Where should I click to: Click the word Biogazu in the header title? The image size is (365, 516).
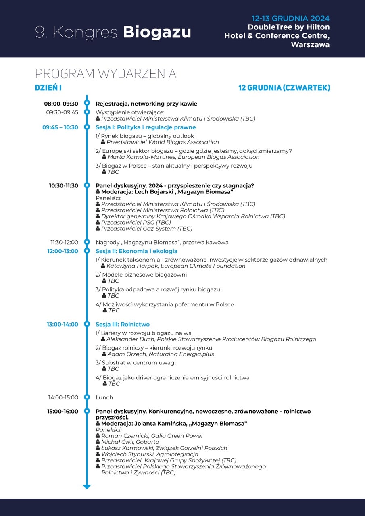tap(157, 32)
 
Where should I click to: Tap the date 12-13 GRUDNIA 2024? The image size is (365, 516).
tap(290, 19)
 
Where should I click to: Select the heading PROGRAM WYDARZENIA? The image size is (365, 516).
tap(106, 74)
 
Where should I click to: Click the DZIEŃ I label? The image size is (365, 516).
tap(48, 88)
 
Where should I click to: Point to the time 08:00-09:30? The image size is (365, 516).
tap(61, 104)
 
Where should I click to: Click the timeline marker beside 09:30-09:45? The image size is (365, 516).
tap(87, 112)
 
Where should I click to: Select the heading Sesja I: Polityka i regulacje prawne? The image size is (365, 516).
tap(146, 127)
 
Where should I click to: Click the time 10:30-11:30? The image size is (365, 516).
tap(64, 185)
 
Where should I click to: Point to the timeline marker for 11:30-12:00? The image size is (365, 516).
tap(87, 242)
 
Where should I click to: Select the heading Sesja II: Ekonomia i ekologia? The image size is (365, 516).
tap(136, 251)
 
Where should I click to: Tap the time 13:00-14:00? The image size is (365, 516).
tap(63, 324)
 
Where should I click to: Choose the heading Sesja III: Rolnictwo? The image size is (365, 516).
tap(123, 324)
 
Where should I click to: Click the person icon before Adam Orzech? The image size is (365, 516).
tap(104, 354)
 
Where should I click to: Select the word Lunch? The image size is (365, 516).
tap(104, 397)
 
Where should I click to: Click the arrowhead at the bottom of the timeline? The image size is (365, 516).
tap(87, 487)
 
